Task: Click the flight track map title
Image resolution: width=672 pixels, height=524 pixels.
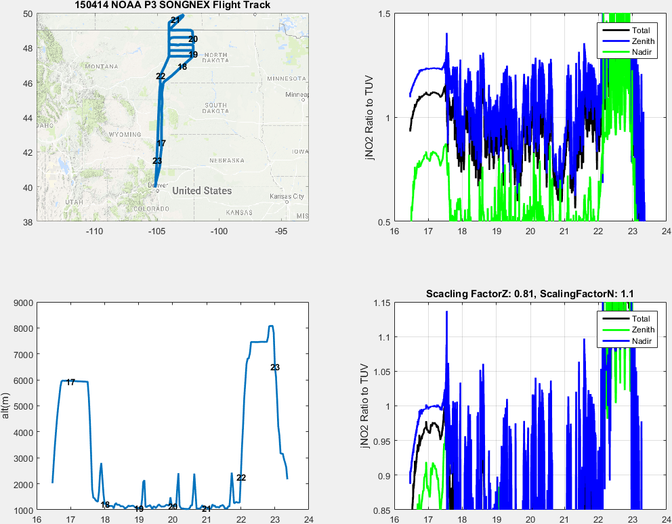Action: [173, 5]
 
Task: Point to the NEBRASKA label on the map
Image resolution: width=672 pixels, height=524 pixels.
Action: [226, 160]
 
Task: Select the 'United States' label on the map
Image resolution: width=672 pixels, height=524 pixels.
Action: [202, 191]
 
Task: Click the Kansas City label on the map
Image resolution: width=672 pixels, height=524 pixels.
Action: [287, 196]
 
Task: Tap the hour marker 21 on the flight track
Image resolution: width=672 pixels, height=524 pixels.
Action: [175, 20]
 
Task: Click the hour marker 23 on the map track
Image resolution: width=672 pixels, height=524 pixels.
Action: [157, 161]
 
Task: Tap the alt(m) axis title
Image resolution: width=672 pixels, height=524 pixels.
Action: [6, 406]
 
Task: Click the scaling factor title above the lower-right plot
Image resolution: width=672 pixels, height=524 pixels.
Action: [530, 294]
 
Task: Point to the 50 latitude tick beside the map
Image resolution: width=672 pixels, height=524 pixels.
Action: [28, 14]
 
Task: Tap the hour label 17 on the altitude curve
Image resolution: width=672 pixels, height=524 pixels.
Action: [70, 383]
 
